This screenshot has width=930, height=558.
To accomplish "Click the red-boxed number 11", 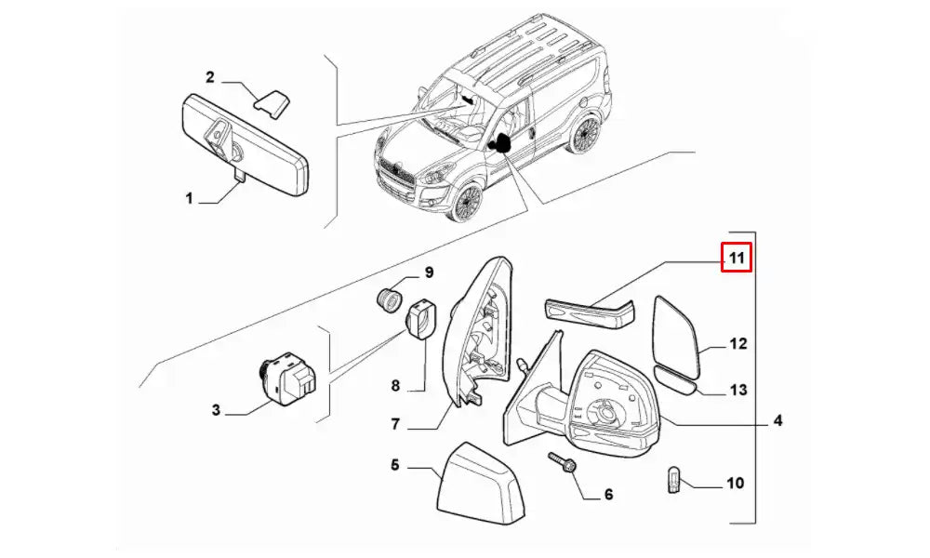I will [737, 258].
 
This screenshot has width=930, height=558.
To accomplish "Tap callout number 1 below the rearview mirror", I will [189, 198].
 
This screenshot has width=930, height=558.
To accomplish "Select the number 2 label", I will [210, 76].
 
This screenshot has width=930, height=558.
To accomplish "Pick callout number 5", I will [394, 463].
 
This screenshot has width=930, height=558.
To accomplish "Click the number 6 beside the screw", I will [608, 494].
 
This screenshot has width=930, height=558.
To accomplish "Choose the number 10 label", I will [735, 483].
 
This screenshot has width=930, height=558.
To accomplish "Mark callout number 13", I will [737, 391].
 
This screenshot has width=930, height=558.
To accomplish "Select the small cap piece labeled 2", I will [273, 102].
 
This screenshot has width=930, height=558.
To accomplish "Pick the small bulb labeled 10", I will [676, 482].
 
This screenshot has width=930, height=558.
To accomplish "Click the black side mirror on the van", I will [502, 143].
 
